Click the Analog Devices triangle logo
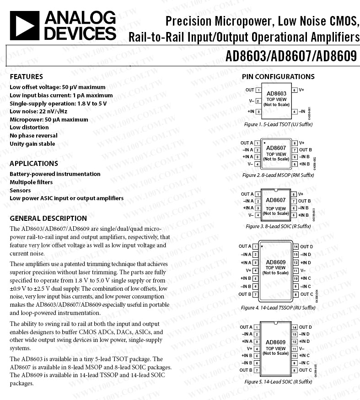click(x=24, y=25)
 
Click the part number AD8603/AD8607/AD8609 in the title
click(x=291, y=56)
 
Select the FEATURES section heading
click(x=26, y=76)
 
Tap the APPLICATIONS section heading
click(x=34, y=163)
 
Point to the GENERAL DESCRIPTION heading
click(x=48, y=218)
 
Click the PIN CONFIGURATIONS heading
click(x=278, y=76)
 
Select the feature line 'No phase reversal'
click(x=33, y=135)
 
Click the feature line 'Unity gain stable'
click(x=32, y=144)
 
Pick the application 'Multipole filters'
click(x=31, y=182)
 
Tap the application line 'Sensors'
click(x=20, y=190)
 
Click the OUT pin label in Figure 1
click(x=250, y=90)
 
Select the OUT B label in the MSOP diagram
click(x=306, y=150)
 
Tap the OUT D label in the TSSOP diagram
click(x=306, y=247)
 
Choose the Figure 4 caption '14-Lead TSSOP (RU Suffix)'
click(x=278, y=308)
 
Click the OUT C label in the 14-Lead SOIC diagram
click(x=306, y=370)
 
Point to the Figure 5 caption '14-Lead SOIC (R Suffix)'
click(x=278, y=381)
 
